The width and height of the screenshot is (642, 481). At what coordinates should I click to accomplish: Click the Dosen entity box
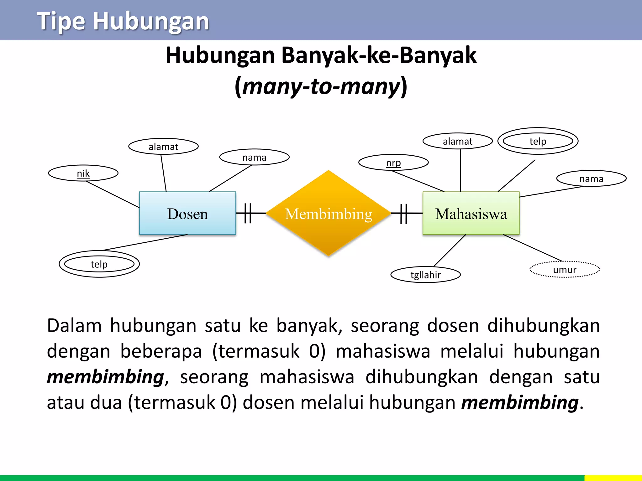[x=187, y=213]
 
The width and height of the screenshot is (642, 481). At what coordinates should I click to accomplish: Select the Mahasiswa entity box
[x=471, y=213]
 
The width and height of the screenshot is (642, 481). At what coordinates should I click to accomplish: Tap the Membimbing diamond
[x=329, y=213]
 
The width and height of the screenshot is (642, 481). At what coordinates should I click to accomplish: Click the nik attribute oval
[x=83, y=173]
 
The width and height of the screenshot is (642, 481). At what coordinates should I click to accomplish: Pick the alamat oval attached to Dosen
[x=163, y=147]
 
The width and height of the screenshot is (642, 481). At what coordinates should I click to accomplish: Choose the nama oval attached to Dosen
[x=254, y=157]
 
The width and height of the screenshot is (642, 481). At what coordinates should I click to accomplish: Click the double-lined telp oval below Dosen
[x=99, y=264]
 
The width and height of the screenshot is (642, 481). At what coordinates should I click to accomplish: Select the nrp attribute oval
[x=393, y=163]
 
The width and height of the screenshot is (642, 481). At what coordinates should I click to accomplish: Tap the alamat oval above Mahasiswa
[x=457, y=141]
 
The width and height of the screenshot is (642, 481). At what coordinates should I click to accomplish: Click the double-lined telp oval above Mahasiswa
[x=538, y=141]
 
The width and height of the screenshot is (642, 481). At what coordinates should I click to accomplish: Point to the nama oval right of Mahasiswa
[x=591, y=179]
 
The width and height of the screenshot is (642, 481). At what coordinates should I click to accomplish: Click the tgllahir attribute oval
[x=425, y=275]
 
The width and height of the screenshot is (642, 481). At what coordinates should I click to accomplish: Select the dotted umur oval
[x=565, y=270]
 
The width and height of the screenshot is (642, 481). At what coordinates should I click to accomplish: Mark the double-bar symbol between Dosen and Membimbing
[x=248, y=213]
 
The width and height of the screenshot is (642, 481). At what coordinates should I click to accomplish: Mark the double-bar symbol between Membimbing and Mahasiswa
[x=404, y=213]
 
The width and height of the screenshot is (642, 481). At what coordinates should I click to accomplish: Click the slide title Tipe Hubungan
[x=123, y=21]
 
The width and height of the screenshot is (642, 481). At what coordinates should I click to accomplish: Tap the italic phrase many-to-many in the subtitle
[x=321, y=86]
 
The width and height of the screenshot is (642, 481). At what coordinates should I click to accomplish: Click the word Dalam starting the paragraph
[x=74, y=325]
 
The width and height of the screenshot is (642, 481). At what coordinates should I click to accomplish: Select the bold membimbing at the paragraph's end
[x=520, y=402]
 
